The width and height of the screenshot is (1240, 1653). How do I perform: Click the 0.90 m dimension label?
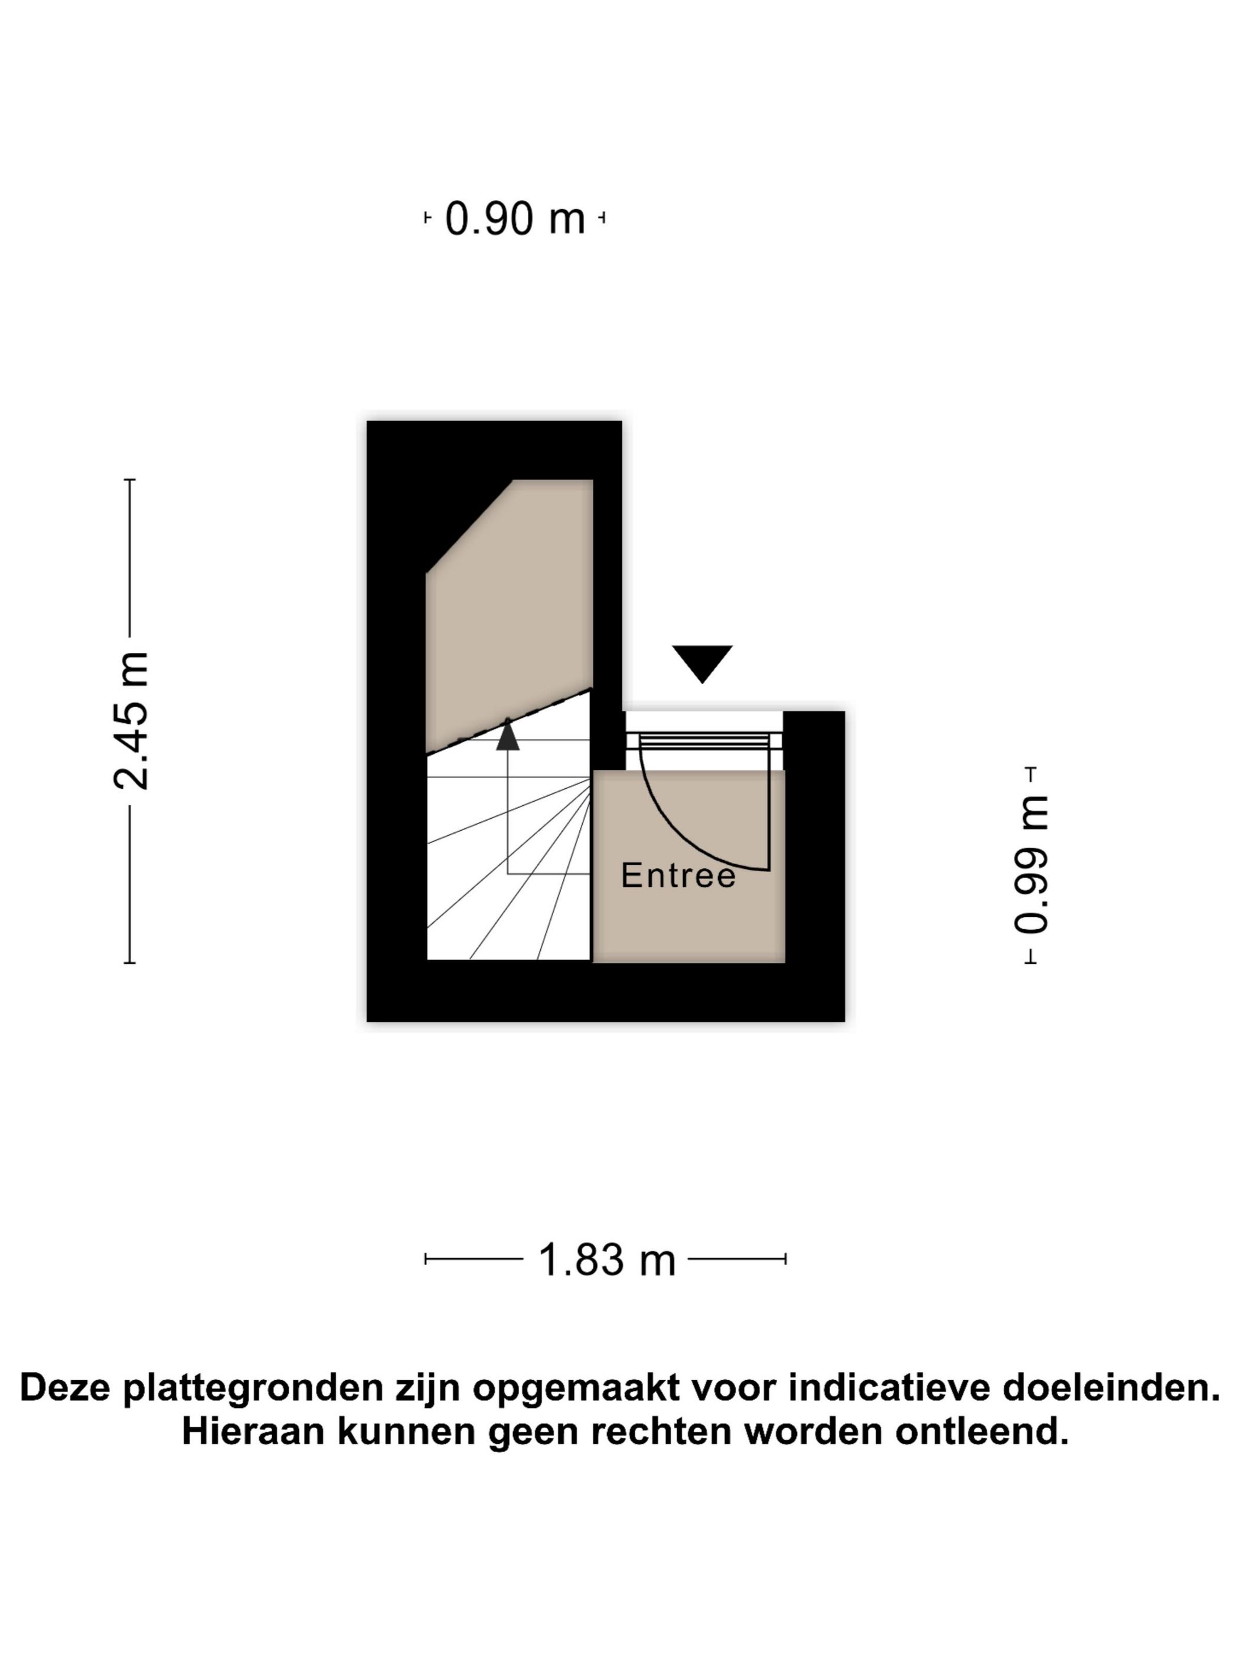515,218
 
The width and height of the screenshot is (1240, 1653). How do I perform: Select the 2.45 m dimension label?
132,720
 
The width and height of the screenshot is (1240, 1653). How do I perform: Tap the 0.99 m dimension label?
1031,865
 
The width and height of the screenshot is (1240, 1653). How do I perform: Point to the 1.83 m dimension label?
606,1259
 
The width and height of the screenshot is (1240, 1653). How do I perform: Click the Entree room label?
678,875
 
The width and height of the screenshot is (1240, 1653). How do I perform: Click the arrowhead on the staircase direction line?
507,734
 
